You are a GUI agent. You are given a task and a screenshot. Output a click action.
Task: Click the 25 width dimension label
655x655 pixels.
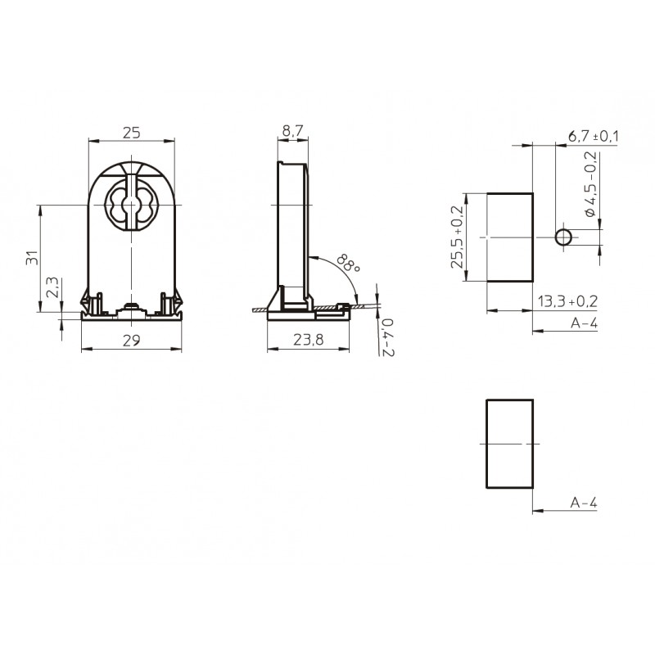coord(132,133)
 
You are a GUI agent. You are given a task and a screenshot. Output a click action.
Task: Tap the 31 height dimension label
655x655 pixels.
coord(32,258)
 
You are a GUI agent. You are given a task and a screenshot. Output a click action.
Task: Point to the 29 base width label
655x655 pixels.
coord(131,341)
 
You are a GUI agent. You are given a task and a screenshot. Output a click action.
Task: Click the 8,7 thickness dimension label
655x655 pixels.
coord(292,131)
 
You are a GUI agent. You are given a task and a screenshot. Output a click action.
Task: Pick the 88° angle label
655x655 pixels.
coord(349,263)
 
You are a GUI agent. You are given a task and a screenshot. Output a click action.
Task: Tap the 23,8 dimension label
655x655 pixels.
coord(309,340)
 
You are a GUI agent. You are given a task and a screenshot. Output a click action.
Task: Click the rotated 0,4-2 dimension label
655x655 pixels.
coord(387,337)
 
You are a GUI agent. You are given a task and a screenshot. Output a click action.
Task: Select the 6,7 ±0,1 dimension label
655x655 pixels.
coord(593,136)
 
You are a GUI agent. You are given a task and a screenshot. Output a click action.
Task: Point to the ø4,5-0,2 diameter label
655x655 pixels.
coord(590,184)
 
